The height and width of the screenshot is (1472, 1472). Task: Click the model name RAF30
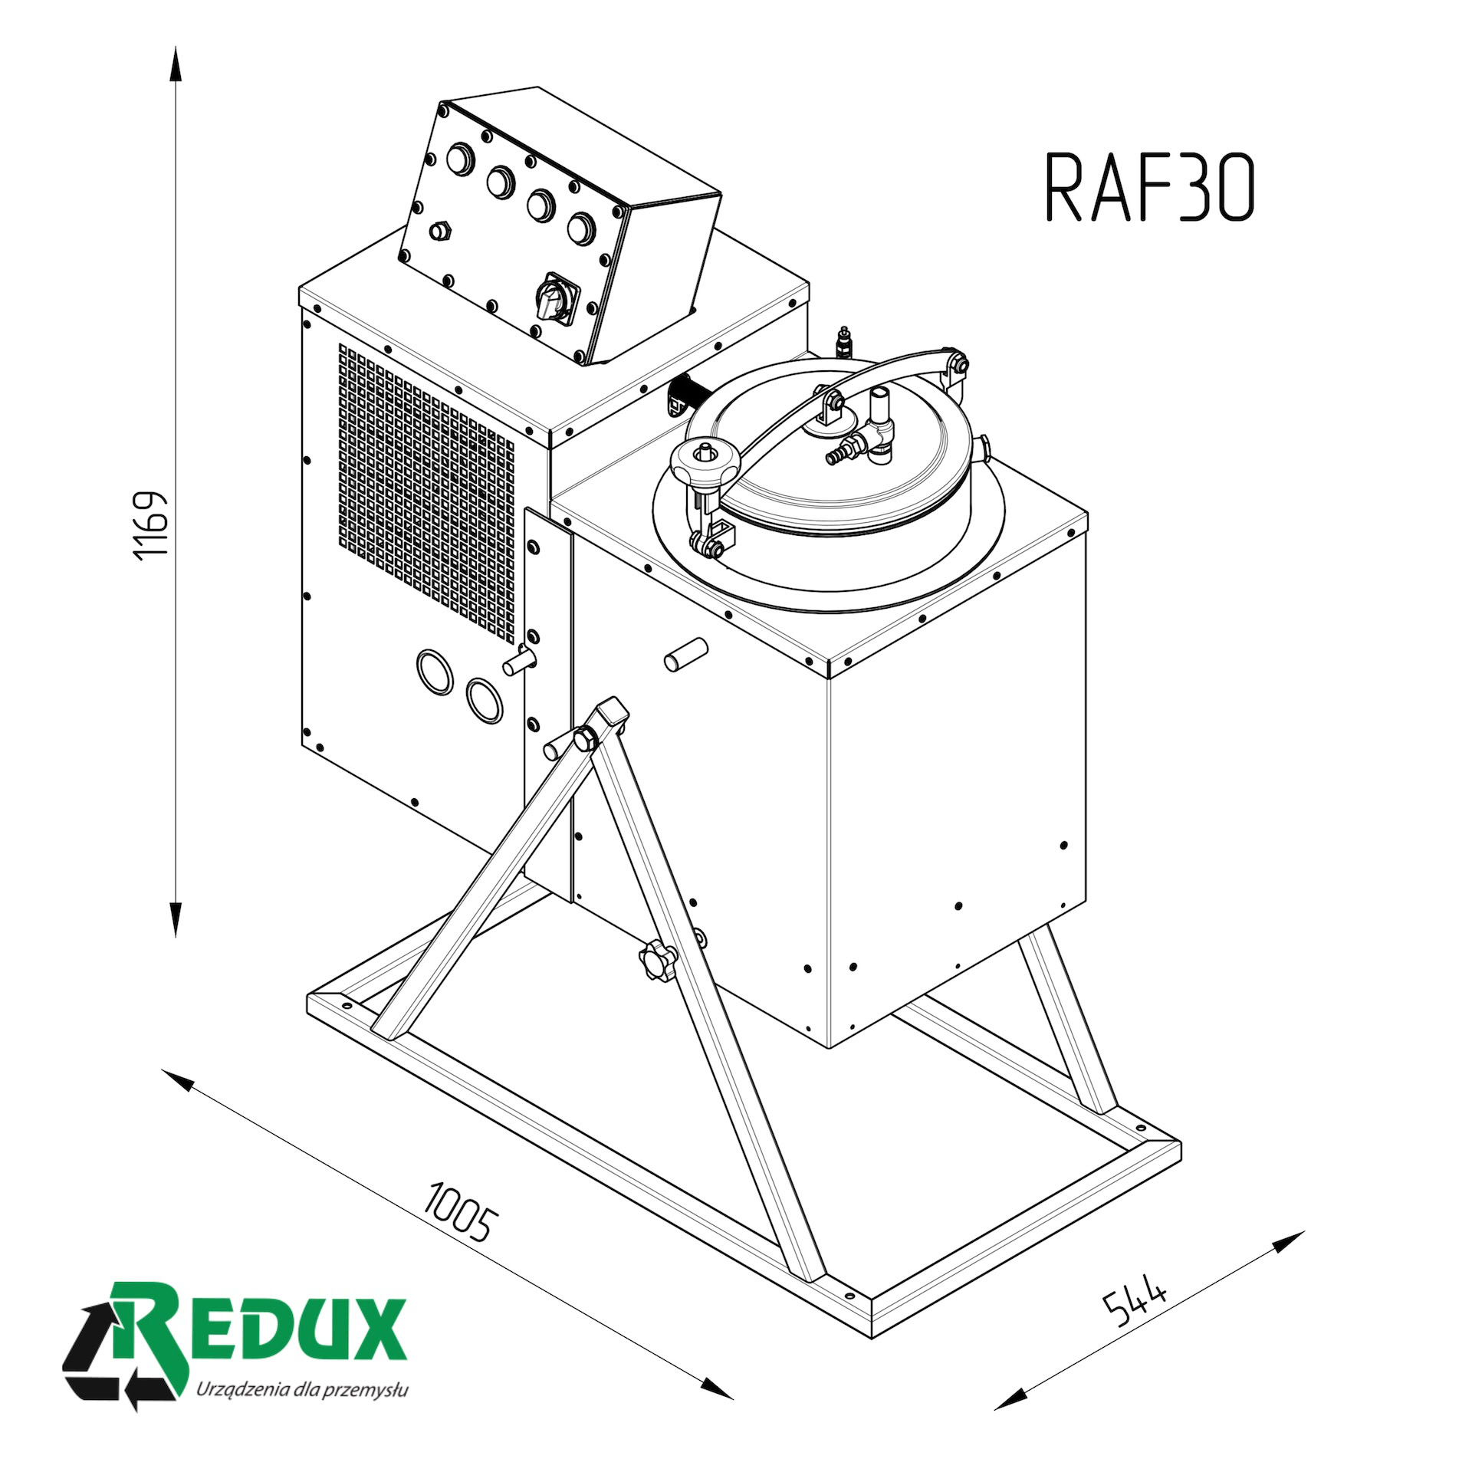(x=1150, y=188)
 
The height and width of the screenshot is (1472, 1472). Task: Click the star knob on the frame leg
(x=656, y=958)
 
